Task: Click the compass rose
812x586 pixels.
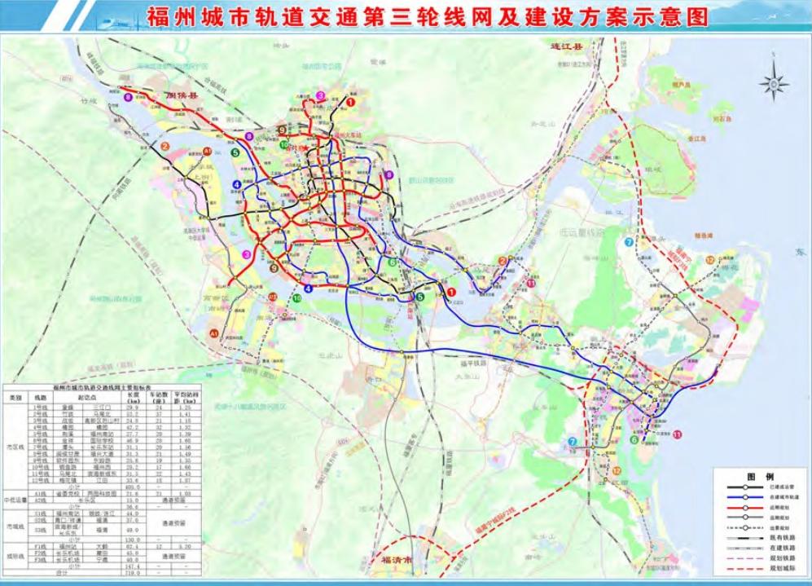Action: click(773, 83)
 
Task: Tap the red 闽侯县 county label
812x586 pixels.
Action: click(182, 96)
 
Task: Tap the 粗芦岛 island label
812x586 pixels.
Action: click(682, 84)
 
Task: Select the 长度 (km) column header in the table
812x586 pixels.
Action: click(133, 399)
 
